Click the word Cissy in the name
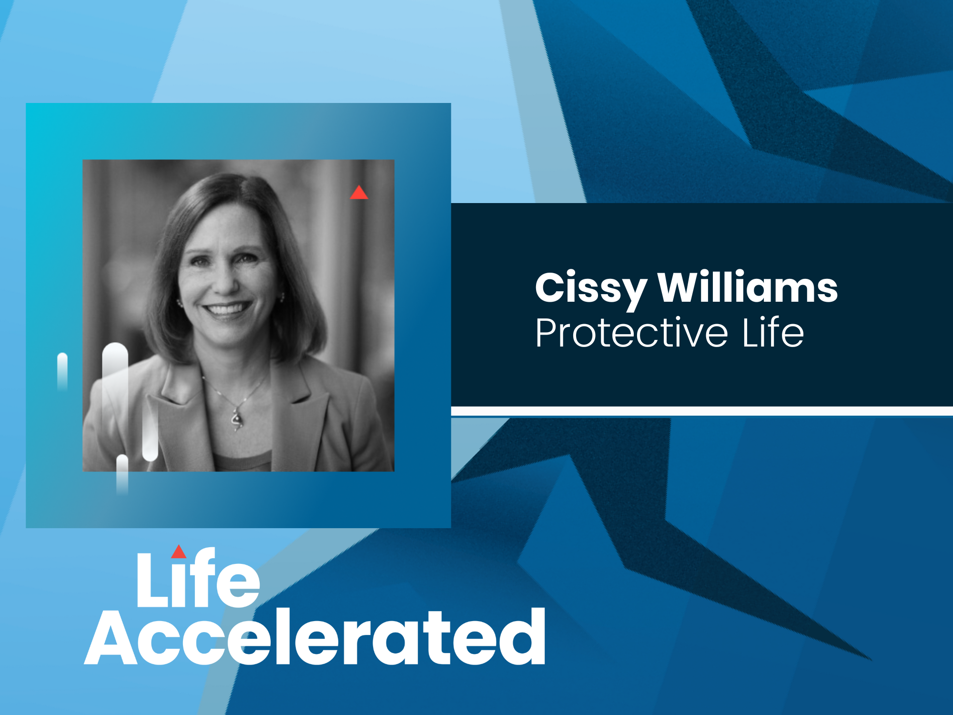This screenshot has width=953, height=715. click(590, 289)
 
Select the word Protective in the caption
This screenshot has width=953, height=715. click(632, 332)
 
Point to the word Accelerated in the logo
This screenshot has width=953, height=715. click(315, 636)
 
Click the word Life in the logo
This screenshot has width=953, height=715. click(198, 578)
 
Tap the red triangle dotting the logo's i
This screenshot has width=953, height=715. click(179, 552)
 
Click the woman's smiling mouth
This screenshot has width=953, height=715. click(227, 309)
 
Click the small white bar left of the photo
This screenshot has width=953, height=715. click(62, 372)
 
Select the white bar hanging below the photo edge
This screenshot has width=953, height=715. click(122, 475)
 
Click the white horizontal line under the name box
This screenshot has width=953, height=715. click(702, 411)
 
